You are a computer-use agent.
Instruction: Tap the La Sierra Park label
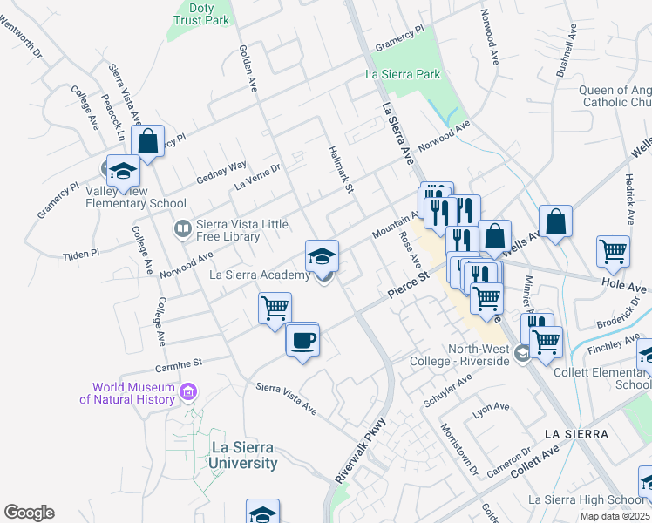tap(403, 75)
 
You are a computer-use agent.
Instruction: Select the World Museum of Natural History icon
tap(187, 394)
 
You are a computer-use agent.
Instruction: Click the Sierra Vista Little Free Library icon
tap(182, 229)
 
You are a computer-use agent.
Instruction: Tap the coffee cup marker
tap(302, 339)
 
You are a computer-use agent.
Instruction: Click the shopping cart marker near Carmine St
tap(275, 309)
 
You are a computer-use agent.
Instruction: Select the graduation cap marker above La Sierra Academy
tap(322, 256)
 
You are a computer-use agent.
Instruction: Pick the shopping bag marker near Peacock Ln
tap(148, 141)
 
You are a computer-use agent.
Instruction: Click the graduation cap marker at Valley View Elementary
tap(123, 171)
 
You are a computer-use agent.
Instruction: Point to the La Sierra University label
tap(244, 456)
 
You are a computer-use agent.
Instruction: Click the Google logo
tap(29, 513)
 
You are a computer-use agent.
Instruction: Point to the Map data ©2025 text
tap(614, 516)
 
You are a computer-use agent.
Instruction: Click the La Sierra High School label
tap(586, 499)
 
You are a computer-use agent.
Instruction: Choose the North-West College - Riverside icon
tap(521, 353)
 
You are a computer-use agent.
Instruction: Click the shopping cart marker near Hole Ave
tap(614, 252)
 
